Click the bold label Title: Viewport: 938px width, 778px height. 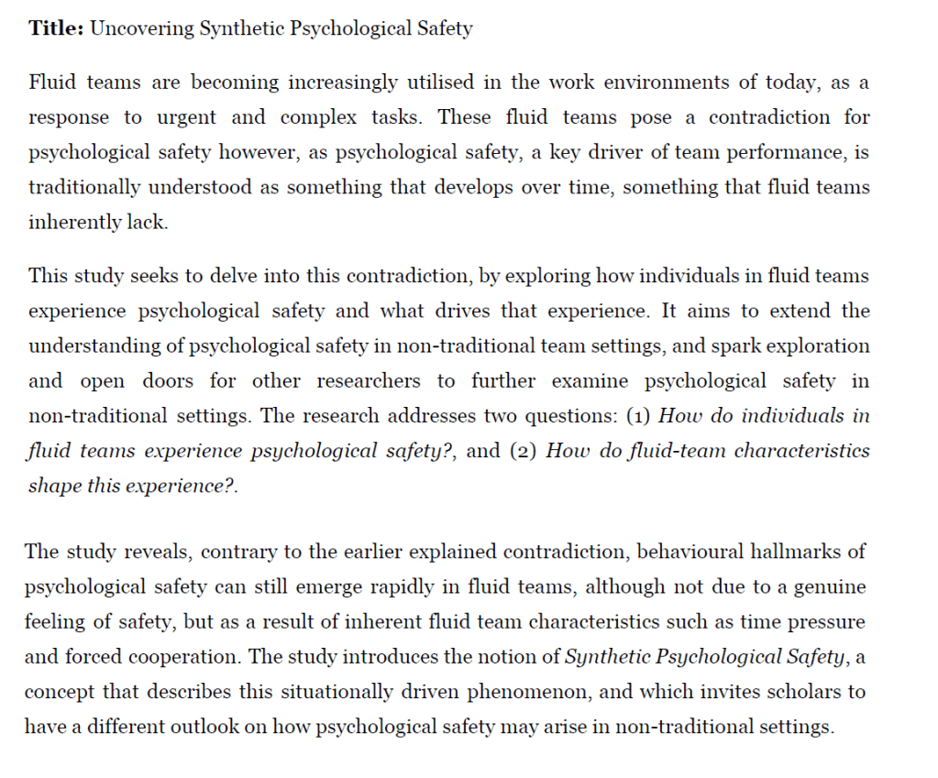(56, 28)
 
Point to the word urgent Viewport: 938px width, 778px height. (186, 117)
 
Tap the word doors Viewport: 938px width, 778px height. (175, 380)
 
